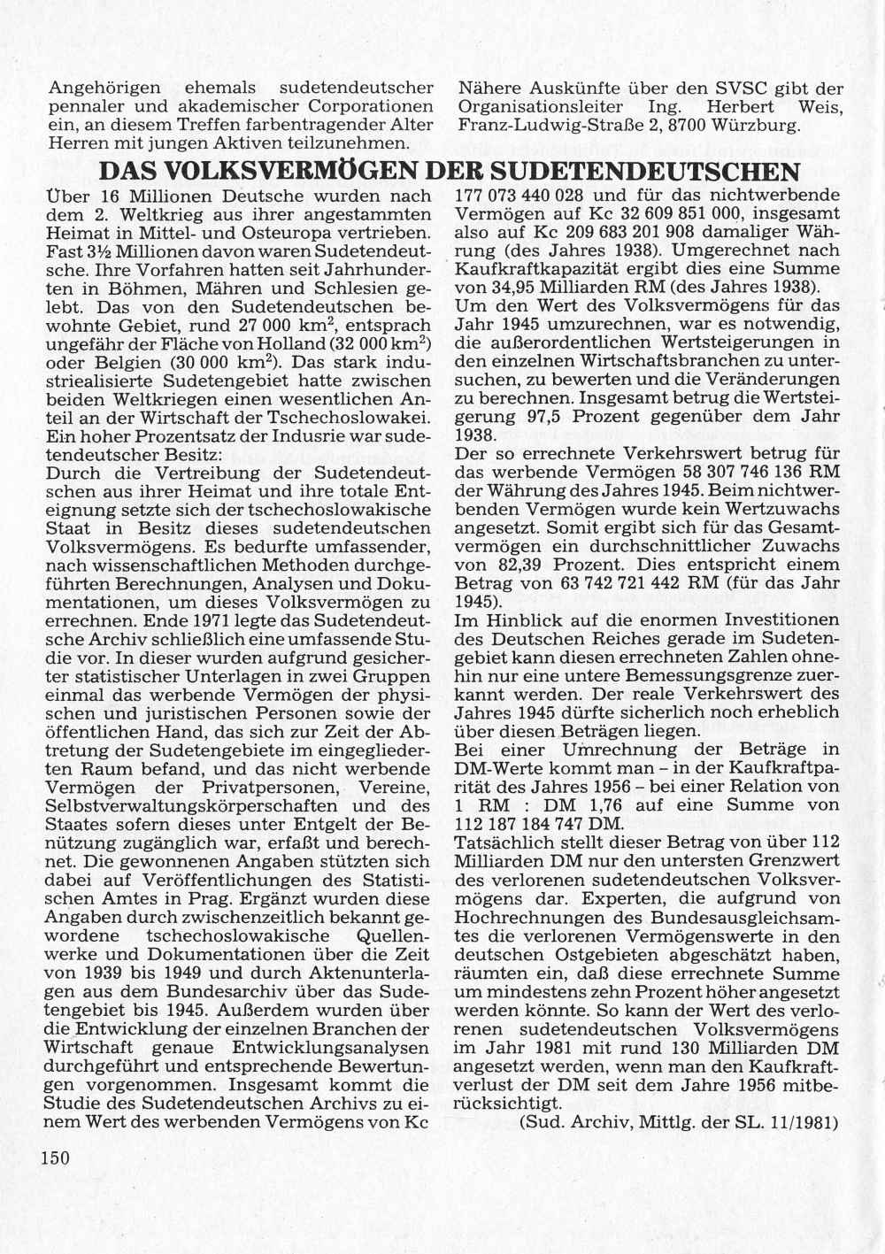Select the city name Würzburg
click(758, 126)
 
